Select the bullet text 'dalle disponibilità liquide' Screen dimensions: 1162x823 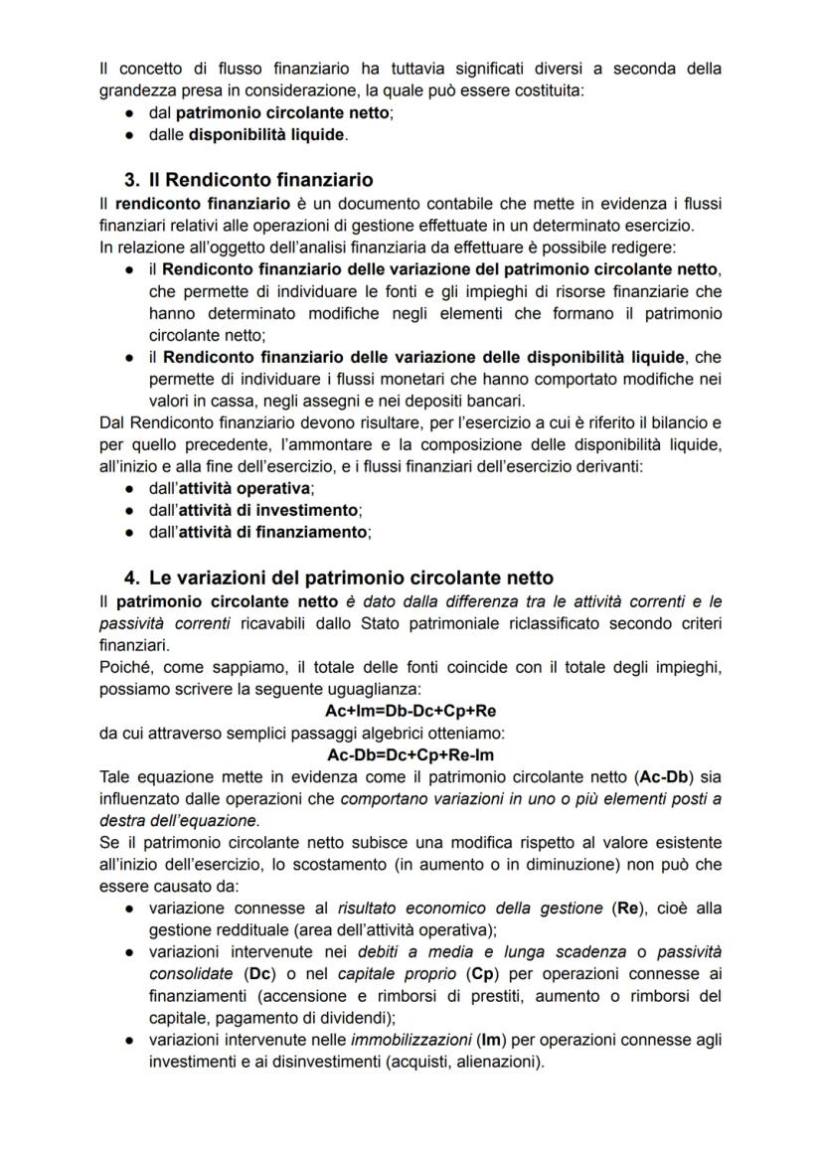pyautogui.click(x=247, y=134)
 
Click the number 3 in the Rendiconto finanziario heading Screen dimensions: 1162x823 pyautogui.click(x=131, y=180)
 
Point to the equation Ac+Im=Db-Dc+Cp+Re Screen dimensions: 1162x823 pyautogui.click(x=411, y=711)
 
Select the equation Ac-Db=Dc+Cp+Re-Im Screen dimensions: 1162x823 pyautogui.click(x=411, y=754)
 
